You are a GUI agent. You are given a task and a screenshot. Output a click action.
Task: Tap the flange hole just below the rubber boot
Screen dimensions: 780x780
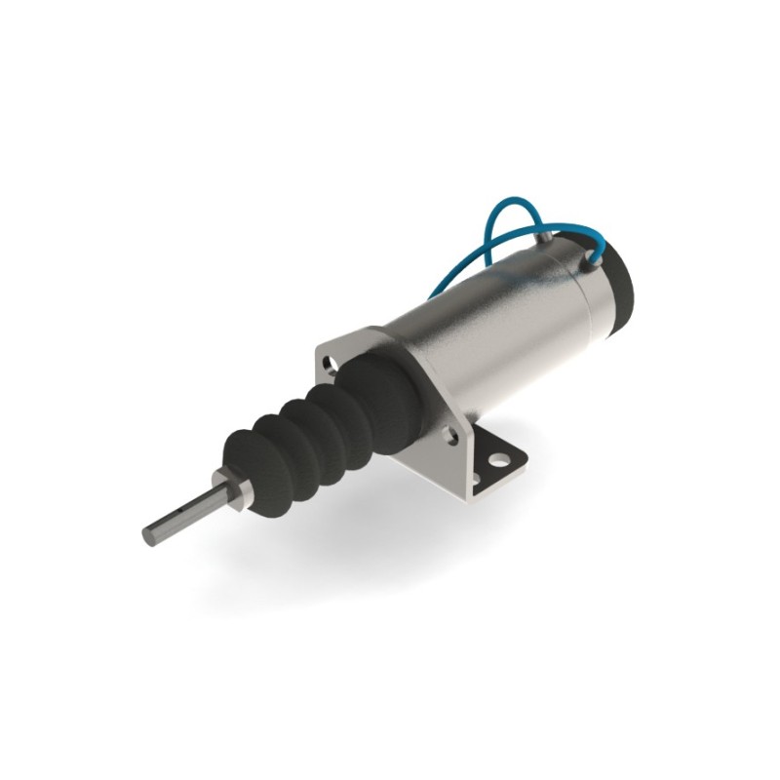coord(449,437)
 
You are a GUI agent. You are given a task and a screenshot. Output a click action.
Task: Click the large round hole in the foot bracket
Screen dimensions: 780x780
coord(499,455)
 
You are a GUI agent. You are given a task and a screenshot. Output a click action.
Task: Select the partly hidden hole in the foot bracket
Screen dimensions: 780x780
coord(477,479)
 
